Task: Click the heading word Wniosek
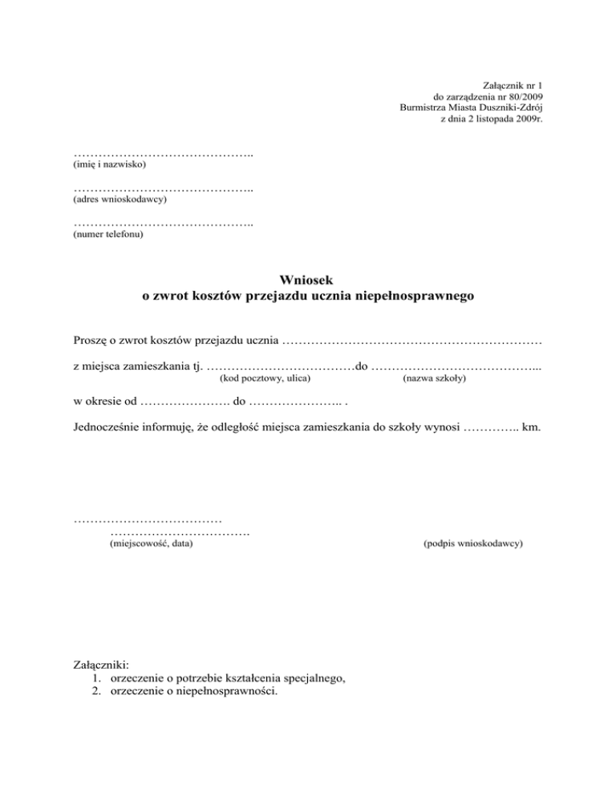click(x=307, y=280)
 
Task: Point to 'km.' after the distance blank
click(x=531, y=428)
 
